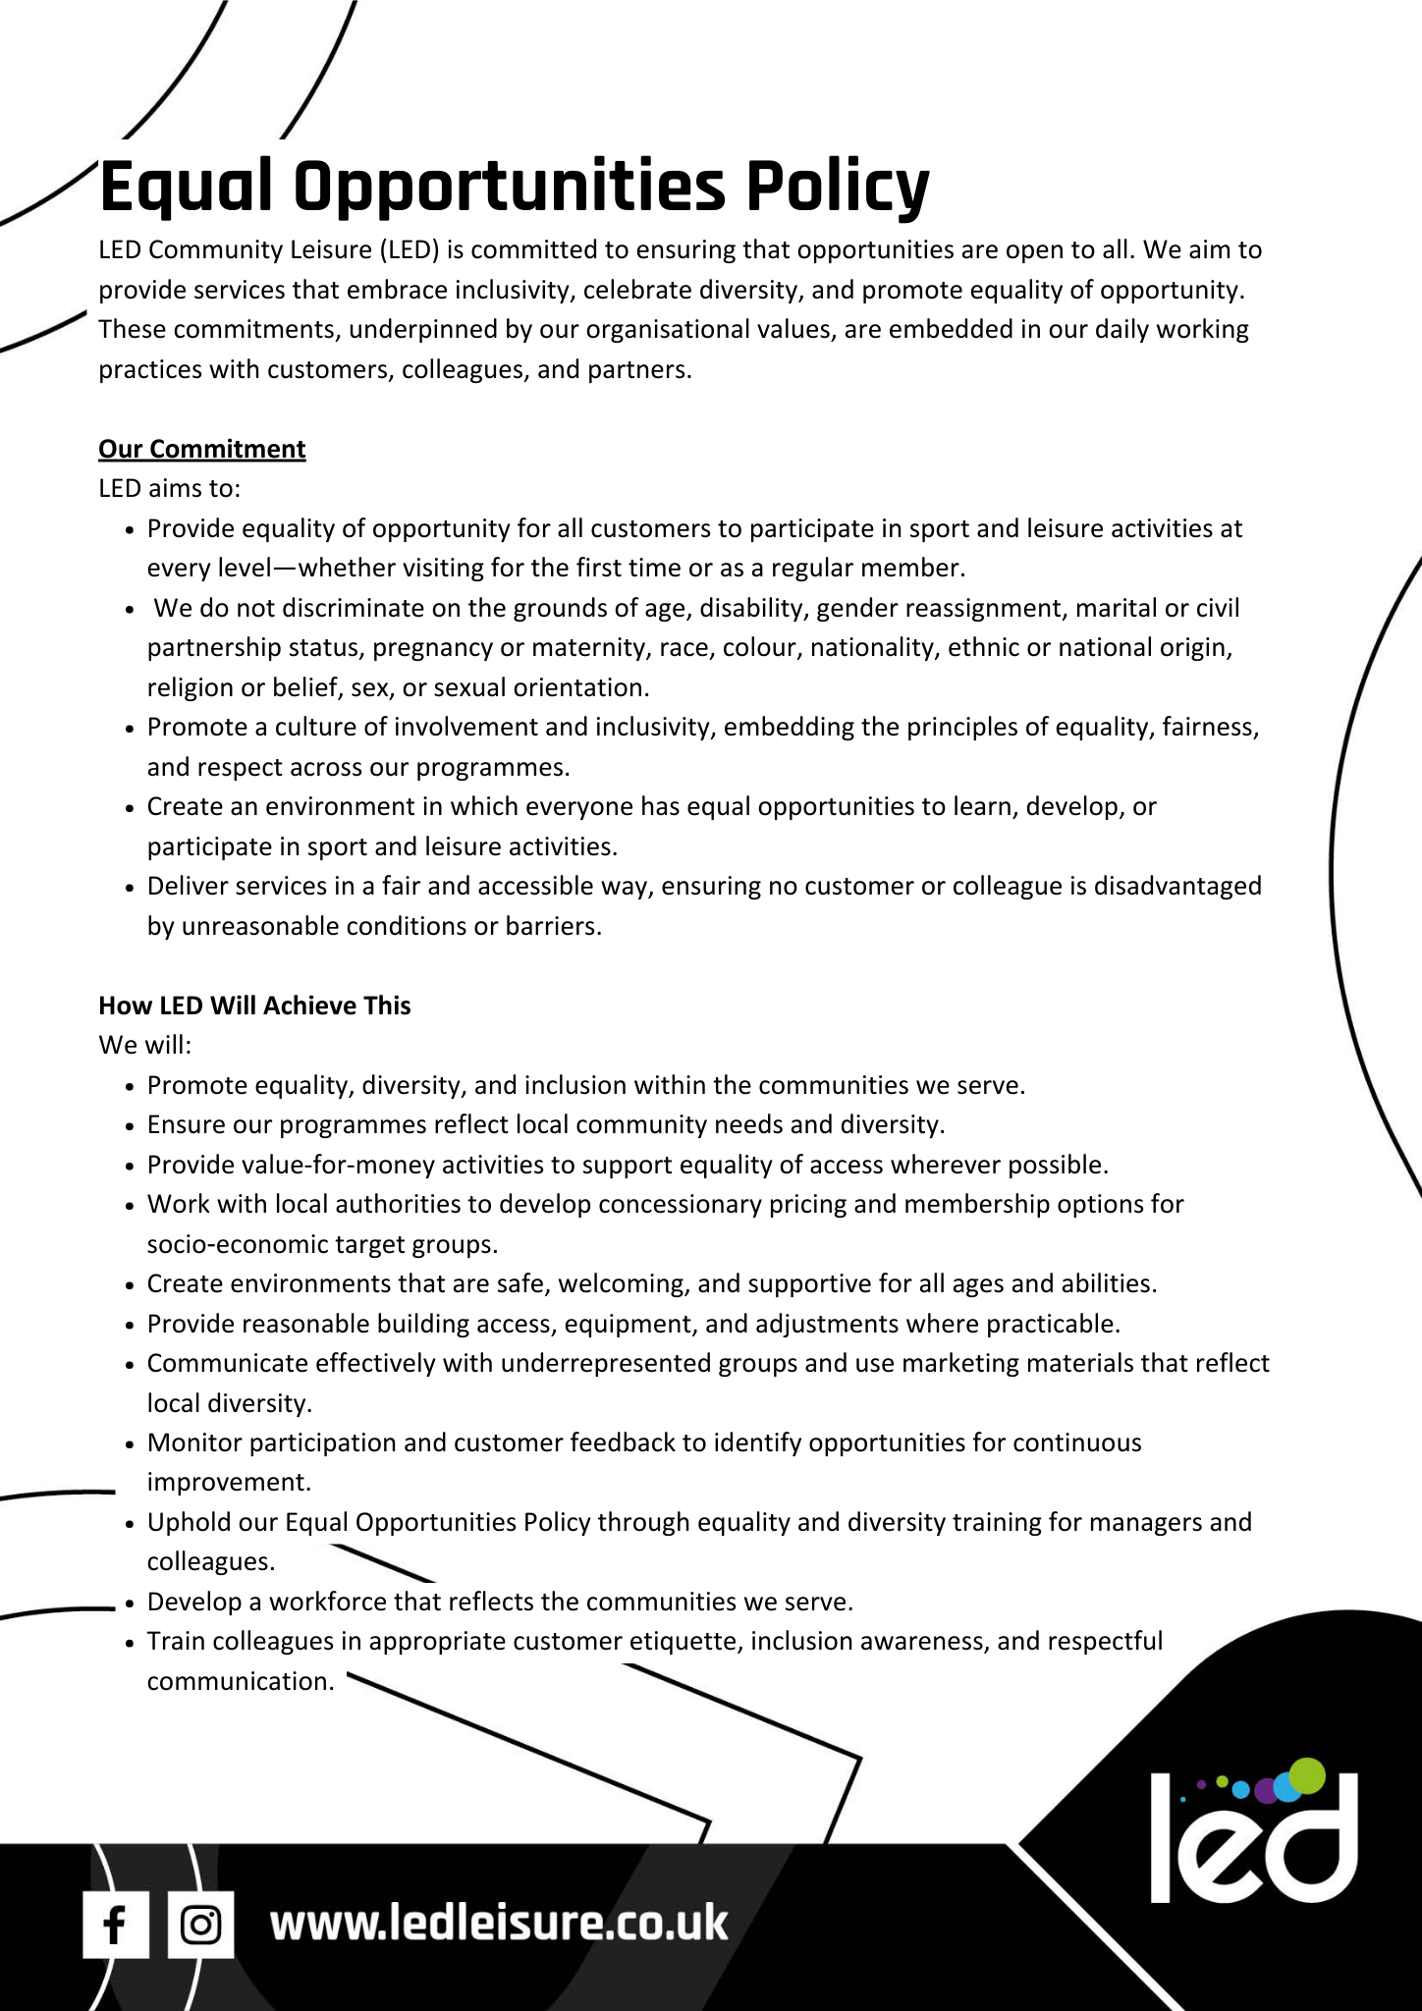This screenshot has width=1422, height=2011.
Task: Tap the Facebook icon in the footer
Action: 115,1924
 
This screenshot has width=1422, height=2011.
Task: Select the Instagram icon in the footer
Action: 201,1924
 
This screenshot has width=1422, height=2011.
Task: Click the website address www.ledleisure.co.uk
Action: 499,1922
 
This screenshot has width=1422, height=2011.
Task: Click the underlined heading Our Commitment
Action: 202,449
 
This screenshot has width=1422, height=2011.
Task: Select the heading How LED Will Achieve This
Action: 254,1005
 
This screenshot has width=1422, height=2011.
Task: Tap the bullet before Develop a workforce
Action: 130,1603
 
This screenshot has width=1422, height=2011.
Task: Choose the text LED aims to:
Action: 169,488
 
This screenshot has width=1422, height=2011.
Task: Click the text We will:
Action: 145,1045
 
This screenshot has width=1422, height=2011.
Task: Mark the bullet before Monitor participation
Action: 130,1444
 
